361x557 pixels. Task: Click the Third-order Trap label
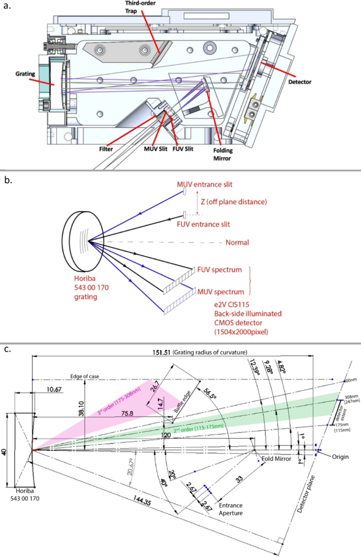pos(140,7)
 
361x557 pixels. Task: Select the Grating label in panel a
pos(25,74)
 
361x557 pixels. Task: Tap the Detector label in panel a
pos(300,82)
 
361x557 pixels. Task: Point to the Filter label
pos(106,149)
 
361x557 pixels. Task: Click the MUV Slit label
pos(155,149)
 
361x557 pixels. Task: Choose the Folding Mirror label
pos(223,154)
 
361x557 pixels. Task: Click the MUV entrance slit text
pos(205,184)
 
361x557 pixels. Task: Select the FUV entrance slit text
pos(203,224)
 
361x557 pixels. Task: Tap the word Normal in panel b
pos(237,243)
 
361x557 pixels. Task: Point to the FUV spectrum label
pos(219,270)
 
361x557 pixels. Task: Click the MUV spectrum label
pos(221,292)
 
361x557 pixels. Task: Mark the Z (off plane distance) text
pos(234,202)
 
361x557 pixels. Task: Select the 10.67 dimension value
pos(54,389)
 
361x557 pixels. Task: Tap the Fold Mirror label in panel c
pos(276,459)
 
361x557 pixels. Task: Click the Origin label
pos(340,457)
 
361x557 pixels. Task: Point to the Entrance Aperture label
pos(231,509)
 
